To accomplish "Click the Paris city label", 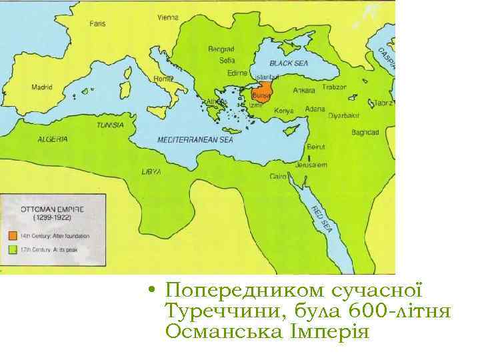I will [97, 23].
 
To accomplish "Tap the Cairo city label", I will [279, 177].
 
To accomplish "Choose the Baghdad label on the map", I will [365, 133].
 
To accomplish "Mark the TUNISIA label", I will [110, 125].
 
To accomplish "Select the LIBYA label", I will [151, 171].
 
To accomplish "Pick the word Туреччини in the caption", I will [218, 311].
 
